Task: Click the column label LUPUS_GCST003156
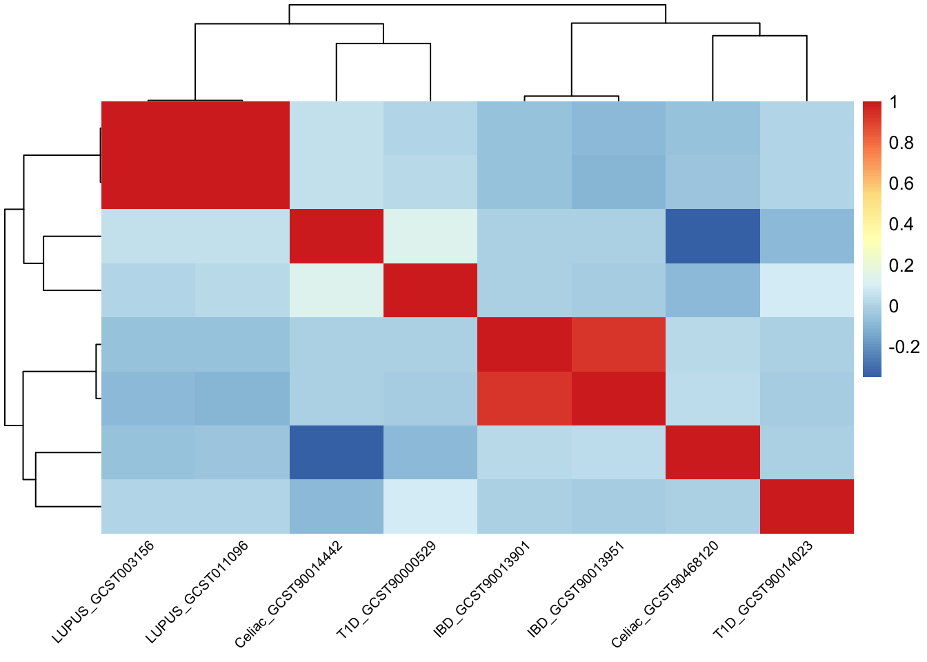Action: [103, 592]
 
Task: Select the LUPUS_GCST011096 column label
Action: [197, 592]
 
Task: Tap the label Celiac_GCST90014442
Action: [289, 594]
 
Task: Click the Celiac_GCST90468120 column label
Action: [666, 594]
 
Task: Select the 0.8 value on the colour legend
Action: [901, 143]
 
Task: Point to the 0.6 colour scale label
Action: [901, 183]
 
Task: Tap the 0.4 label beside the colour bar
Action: [901, 224]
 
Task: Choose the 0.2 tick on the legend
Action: [901, 265]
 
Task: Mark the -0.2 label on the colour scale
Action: [904, 347]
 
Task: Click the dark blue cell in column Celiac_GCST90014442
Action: [336, 452]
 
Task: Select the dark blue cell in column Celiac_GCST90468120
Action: [712, 236]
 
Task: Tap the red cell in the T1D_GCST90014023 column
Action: [806, 506]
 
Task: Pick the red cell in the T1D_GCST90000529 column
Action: [430, 290]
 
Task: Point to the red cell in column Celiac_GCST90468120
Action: [712, 452]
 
